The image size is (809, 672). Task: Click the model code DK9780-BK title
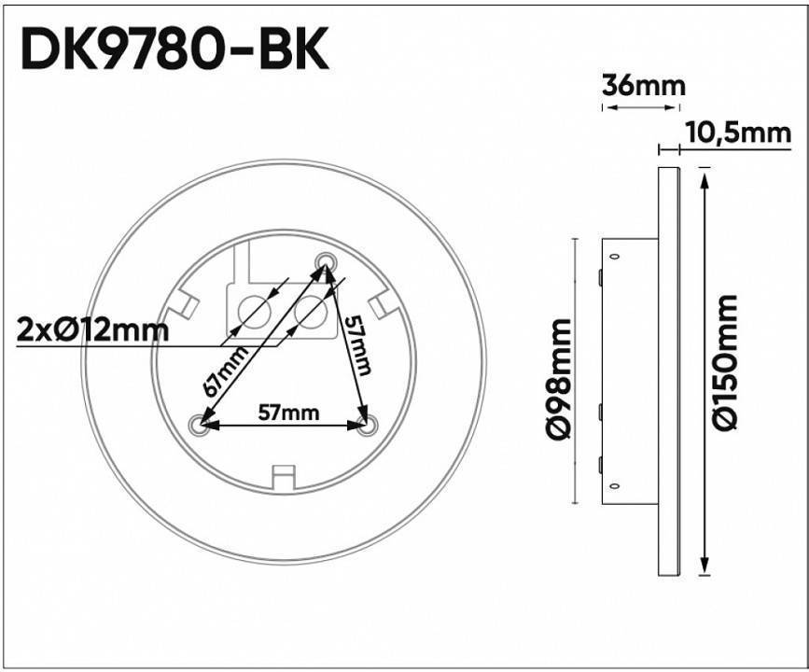pyautogui.click(x=174, y=51)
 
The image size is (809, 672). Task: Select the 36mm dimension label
pyautogui.click(x=643, y=86)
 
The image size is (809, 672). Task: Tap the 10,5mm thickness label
pyautogui.click(x=737, y=133)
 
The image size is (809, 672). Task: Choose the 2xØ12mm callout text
pyautogui.click(x=92, y=329)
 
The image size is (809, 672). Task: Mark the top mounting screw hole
pyautogui.click(x=325, y=259)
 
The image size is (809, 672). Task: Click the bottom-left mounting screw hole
pyautogui.click(x=196, y=426)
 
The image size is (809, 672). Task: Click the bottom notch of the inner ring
pyautogui.click(x=282, y=477)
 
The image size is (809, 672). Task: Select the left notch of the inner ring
pyautogui.click(x=185, y=305)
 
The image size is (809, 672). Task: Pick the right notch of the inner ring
pyautogui.click(x=380, y=305)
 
